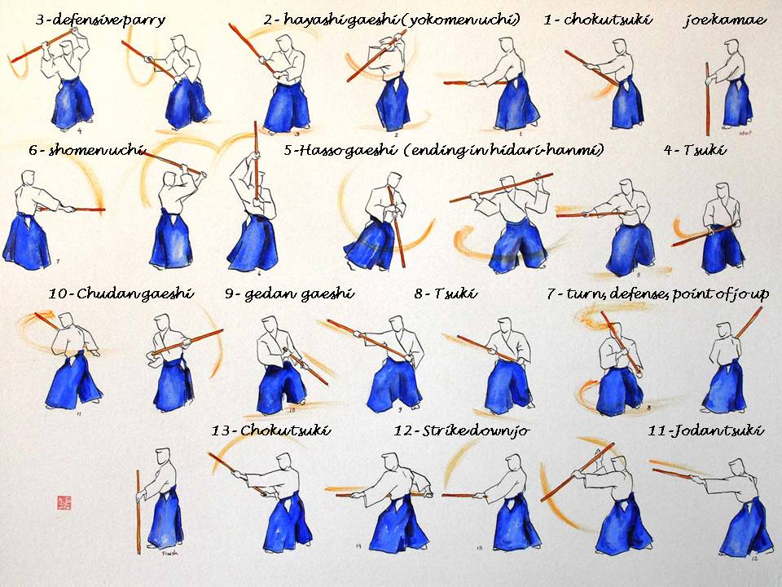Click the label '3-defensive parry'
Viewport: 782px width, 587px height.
tap(100, 20)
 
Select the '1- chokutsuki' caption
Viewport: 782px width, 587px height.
tap(597, 20)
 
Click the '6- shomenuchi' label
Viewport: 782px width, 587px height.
tap(86, 150)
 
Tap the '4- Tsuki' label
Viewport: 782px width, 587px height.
tap(695, 150)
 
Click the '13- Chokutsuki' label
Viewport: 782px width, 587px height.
tap(271, 430)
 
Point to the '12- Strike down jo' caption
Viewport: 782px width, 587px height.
tap(460, 430)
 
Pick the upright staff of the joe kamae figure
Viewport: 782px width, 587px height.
tap(707, 98)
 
